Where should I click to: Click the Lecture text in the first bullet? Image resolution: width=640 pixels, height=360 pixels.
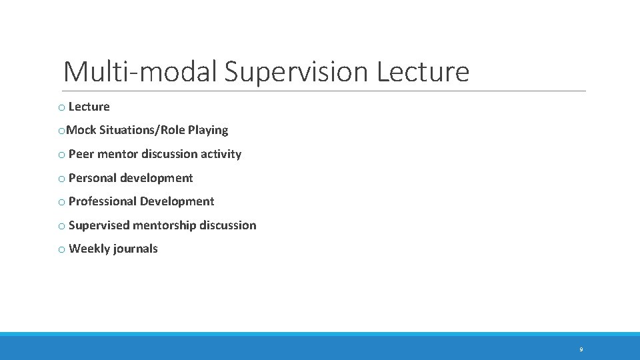(89, 107)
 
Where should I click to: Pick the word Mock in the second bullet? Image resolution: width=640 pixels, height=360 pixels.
(81, 130)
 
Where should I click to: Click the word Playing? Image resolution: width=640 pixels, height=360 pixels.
(208, 130)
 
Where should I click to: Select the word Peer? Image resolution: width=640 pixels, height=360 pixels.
(81, 154)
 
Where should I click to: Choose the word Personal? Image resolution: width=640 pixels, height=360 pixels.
(93, 178)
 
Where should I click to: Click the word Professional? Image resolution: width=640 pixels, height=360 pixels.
(100, 201)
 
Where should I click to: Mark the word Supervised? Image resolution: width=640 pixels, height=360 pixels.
(99, 225)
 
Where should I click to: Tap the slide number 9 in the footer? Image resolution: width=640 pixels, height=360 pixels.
(581, 349)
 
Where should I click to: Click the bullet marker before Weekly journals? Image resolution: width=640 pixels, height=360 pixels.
(61, 249)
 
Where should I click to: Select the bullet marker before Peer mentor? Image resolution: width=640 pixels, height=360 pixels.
(61, 155)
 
